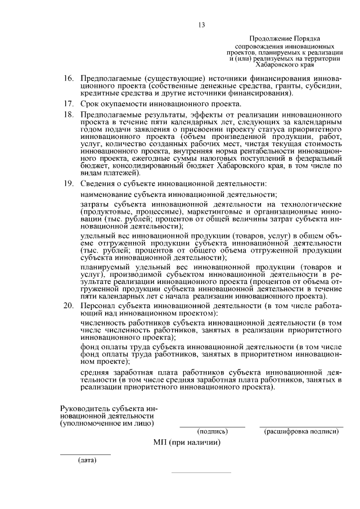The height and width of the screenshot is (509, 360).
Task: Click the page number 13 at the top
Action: pyautogui.click(x=202, y=24)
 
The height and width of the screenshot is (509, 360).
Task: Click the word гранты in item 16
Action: pyautogui.click(x=282, y=85)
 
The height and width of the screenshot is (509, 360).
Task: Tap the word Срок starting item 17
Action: pyautogui.click(x=90, y=103)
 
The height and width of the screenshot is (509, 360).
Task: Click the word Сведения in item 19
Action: pyautogui.click(x=98, y=184)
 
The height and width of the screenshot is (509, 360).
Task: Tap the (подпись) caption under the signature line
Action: pyautogui.click(x=212, y=432)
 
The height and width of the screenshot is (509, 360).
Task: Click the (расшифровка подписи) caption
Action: pyautogui.click(x=300, y=432)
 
